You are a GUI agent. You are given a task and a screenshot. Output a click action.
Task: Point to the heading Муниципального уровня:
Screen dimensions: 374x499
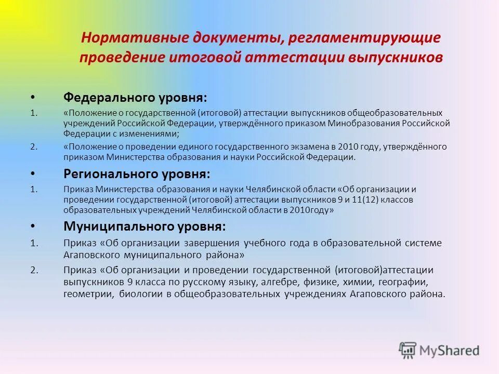(x=145, y=226)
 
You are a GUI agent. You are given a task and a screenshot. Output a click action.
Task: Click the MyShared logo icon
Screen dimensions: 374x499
(x=408, y=349)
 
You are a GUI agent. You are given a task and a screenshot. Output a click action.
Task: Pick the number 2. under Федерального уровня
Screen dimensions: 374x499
(x=34, y=146)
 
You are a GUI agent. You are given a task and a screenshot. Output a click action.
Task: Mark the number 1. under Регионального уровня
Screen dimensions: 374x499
(x=34, y=190)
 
